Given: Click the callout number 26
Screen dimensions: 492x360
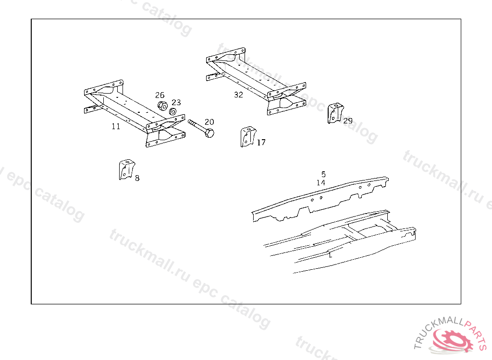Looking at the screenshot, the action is [x=160, y=95].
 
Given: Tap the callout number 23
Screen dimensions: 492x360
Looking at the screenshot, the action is [x=176, y=102].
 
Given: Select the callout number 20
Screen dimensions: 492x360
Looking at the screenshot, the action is [x=209, y=122].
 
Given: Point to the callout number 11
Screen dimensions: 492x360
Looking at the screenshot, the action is [x=116, y=126].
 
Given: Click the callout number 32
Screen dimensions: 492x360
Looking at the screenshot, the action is [x=238, y=95].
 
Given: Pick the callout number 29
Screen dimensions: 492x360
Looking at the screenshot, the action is [x=348, y=121].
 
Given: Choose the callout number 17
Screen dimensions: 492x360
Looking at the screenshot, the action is [x=261, y=143].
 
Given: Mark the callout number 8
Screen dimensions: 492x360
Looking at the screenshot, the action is [x=137, y=178].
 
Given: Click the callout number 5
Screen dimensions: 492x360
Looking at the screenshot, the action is [x=323, y=174].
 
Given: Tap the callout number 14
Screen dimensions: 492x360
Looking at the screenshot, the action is [x=320, y=182].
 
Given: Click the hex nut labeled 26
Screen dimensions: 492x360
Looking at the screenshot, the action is [x=162, y=106].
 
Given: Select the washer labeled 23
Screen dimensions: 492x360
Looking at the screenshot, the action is [x=172, y=111].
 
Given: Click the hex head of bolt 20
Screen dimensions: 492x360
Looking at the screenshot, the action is [x=209, y=132].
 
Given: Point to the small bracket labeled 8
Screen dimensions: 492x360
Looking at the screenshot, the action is [x=126, y=170].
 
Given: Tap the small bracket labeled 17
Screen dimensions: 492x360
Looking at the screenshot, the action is [x=248, y=136].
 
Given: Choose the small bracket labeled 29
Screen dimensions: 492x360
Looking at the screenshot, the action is [x=335, y=113].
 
